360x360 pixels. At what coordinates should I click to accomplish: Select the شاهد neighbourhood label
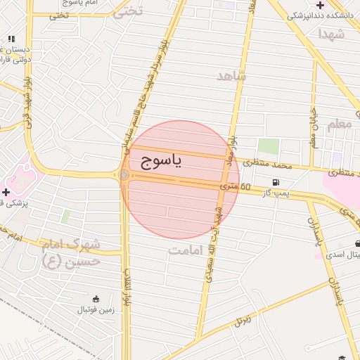click(x=232, y=76)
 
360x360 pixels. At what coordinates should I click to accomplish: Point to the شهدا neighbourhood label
click(x=330, y=33)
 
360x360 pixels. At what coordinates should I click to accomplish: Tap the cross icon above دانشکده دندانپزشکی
click(x=321, y=5)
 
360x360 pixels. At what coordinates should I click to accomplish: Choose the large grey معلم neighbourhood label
click(x=338, y=124)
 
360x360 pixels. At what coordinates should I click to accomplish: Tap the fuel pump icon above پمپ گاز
click(x=274, y=182)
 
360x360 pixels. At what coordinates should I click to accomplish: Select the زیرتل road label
click(x=243, y=321)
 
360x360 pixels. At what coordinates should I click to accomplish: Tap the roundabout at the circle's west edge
click(x=124, y=174)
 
